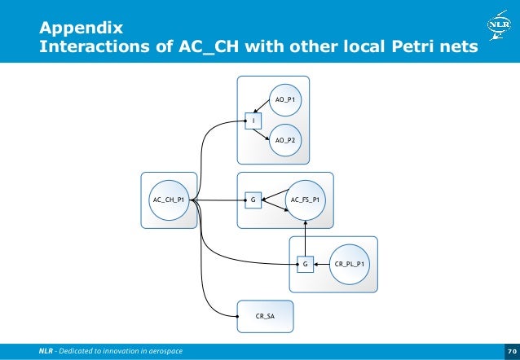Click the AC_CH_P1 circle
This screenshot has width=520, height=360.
pos(170,200)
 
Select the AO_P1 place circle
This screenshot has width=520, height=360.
pos(284,99)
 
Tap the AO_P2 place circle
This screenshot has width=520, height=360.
pos(284,140)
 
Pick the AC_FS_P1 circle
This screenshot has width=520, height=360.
pos(305,200)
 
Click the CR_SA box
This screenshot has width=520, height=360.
pos(265,315)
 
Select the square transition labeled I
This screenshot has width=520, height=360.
pos(254,121)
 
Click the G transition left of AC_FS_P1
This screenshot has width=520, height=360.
pos(253,200)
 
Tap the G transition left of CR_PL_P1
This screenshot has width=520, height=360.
pos(305,264)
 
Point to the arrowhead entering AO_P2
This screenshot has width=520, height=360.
pos(271,135)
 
